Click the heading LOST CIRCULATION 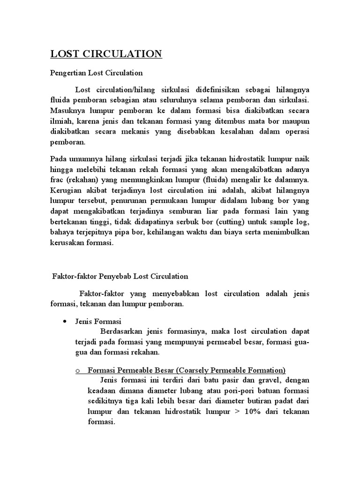pos(106,54)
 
